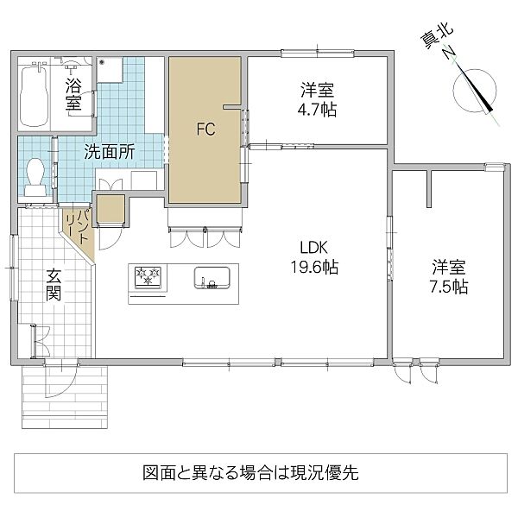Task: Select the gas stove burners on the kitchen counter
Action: [147, 277]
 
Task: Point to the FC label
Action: [205, 130]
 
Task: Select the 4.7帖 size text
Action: [317, 110]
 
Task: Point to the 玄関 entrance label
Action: [54, 285]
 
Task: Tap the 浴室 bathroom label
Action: [74, 93]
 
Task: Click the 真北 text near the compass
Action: [434, 38]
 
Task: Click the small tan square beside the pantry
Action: [111, 210]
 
